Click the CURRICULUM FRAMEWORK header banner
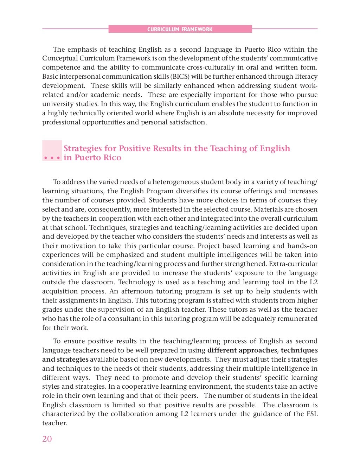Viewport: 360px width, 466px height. [180, 29]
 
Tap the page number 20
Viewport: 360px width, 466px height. [47, 439]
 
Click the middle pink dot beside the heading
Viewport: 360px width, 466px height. [52, 158]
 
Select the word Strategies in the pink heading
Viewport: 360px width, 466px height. [82, 149]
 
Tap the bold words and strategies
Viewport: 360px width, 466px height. [65, 360]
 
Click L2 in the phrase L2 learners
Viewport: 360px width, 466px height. [185, 414]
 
